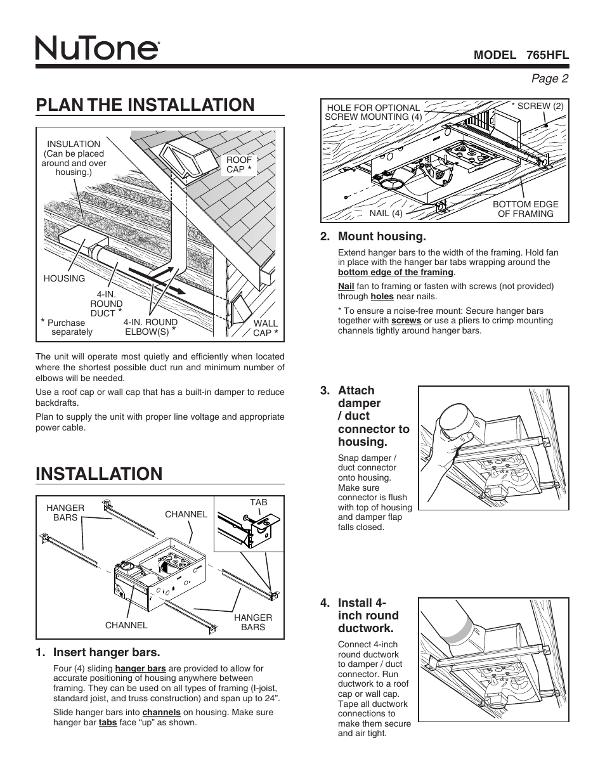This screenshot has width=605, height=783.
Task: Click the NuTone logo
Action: [x=96, y=48]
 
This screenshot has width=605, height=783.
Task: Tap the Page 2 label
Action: [x=550, y=78]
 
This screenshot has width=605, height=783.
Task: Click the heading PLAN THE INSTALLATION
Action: [x=145, y=105]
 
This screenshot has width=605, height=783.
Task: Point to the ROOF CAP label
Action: [x=239, y=165]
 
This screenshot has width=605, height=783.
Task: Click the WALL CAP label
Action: [x=266, y=328]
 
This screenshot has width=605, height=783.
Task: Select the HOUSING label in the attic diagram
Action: [x=64, y=278]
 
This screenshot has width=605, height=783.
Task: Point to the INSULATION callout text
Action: [x=74, y=158]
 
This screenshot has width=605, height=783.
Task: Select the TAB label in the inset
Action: [x=258, y=502]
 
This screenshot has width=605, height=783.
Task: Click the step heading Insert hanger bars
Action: [x=107, y=652]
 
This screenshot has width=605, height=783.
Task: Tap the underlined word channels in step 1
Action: [x=161, y=712]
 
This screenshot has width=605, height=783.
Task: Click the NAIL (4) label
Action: [x=386, y=213]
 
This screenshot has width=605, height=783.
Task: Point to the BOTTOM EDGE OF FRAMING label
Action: [x=526, y=209]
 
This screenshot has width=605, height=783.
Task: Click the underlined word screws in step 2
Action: [x=406, y=321]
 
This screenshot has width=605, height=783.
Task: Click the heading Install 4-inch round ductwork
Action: [x=368, y=615]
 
